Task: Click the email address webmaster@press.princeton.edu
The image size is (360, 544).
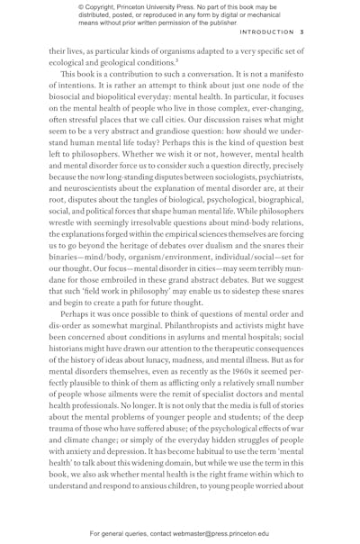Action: pos(240,533)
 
